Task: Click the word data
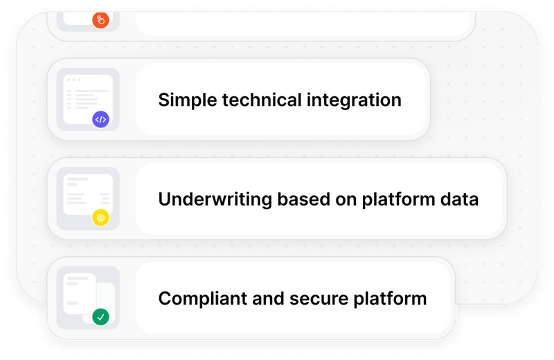[x=460, y=199]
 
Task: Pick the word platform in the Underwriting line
[x=393, y=199]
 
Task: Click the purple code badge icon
[x=101, y=119]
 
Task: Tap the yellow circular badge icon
[x=101, y=218]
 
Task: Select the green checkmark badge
[x=101, y=317]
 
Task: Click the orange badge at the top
[x=101, y=20]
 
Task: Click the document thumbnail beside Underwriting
[x=87, y=195]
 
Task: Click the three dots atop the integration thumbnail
[x=73, y=80]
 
